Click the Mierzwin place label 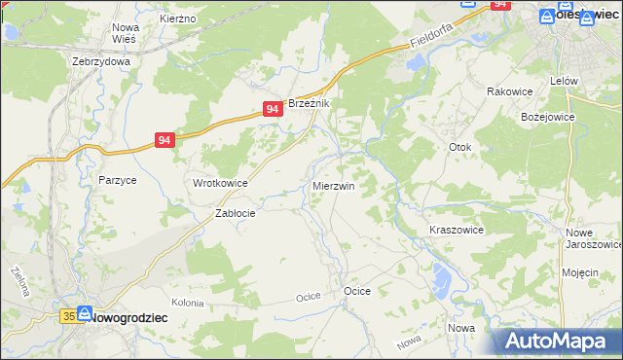tap(333, 185)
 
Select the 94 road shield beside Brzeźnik tap(274, 111)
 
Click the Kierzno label tap(177, 18)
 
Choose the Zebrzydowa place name tap(101, 60)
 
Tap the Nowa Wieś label tap(126, 33)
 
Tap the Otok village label tap(459, 148)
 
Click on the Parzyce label tap(117, 180)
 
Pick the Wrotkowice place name tap(220, 183)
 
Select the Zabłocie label tap(235, 214)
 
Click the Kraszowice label tap(457, 230)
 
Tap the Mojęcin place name tap(580, 272)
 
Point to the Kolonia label tap(188, 304)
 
